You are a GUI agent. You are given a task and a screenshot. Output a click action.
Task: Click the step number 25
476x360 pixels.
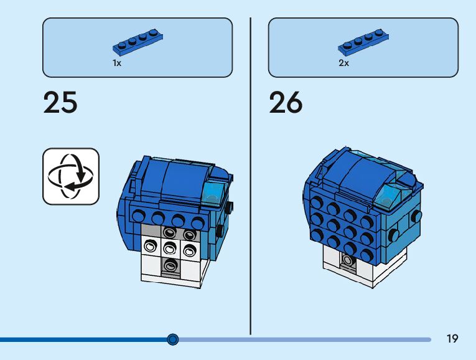(x=60, y=103)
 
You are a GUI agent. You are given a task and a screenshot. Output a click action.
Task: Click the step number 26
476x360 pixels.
(x=286, y=103)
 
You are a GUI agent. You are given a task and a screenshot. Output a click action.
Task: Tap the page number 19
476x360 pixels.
(x=452, y=339)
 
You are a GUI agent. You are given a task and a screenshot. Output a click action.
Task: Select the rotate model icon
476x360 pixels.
(x=71, y=176)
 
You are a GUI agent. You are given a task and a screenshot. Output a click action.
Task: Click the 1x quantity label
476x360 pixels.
(x=116, y=63)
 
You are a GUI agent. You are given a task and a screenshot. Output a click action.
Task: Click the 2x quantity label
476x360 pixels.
(x=343, y=63)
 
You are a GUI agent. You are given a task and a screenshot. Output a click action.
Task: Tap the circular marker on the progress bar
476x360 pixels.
(x=173, y=339)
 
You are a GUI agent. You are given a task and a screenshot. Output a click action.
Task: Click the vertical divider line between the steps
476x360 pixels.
(x=250, y=174)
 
